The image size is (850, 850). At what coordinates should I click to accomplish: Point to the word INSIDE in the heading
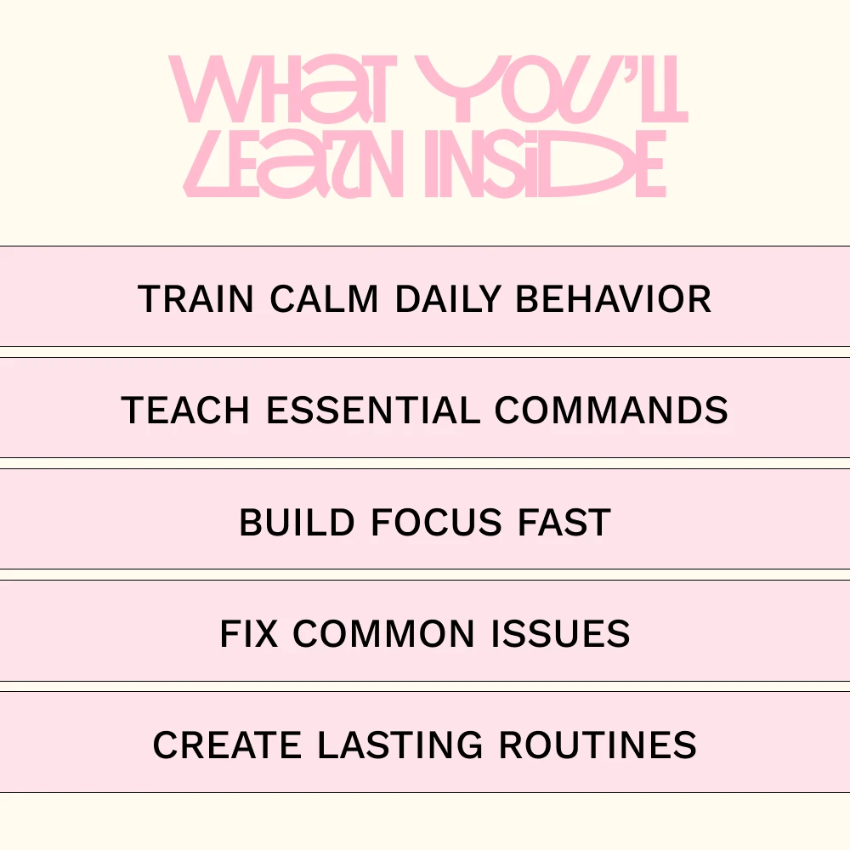(x=546, y=164)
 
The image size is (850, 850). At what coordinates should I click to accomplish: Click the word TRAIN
(x=195, y=298)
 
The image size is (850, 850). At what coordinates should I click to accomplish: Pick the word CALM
(x=324, y=298)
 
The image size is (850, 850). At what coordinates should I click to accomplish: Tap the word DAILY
(x=448, y=298)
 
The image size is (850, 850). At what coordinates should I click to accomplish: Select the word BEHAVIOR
(x=613, y=298)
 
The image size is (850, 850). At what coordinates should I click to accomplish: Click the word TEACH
(x=185, y=410)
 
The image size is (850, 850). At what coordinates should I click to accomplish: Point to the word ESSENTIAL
(x=373, y=410)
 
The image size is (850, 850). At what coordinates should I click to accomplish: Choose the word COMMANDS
(x=611, y=410)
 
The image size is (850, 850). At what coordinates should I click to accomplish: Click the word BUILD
(x=297, y=522)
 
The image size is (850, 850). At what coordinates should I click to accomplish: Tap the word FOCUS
(x=436, y=522)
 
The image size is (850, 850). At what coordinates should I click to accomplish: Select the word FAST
(x=564, y=522)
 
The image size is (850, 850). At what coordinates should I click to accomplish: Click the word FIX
(x=249, y=633)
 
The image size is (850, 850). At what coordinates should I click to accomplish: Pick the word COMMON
(x=384, y=633)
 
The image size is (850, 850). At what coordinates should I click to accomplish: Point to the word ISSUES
(x=560, y=633)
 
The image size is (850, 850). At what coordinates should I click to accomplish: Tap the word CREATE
(x=227, y=745)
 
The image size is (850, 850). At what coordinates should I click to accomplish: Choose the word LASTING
(x=400, y=745)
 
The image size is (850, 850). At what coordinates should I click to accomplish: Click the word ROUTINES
(x=598, y=745)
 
